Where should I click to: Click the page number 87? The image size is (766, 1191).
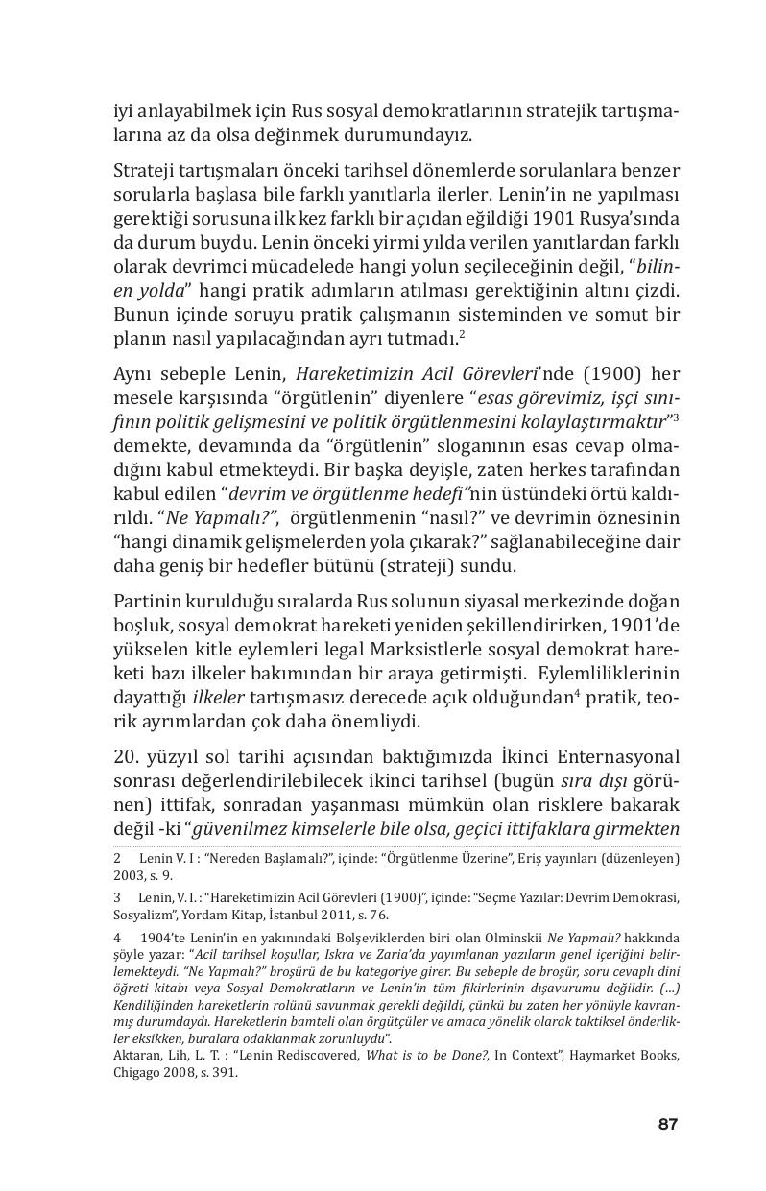[x=667, y=1124]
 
